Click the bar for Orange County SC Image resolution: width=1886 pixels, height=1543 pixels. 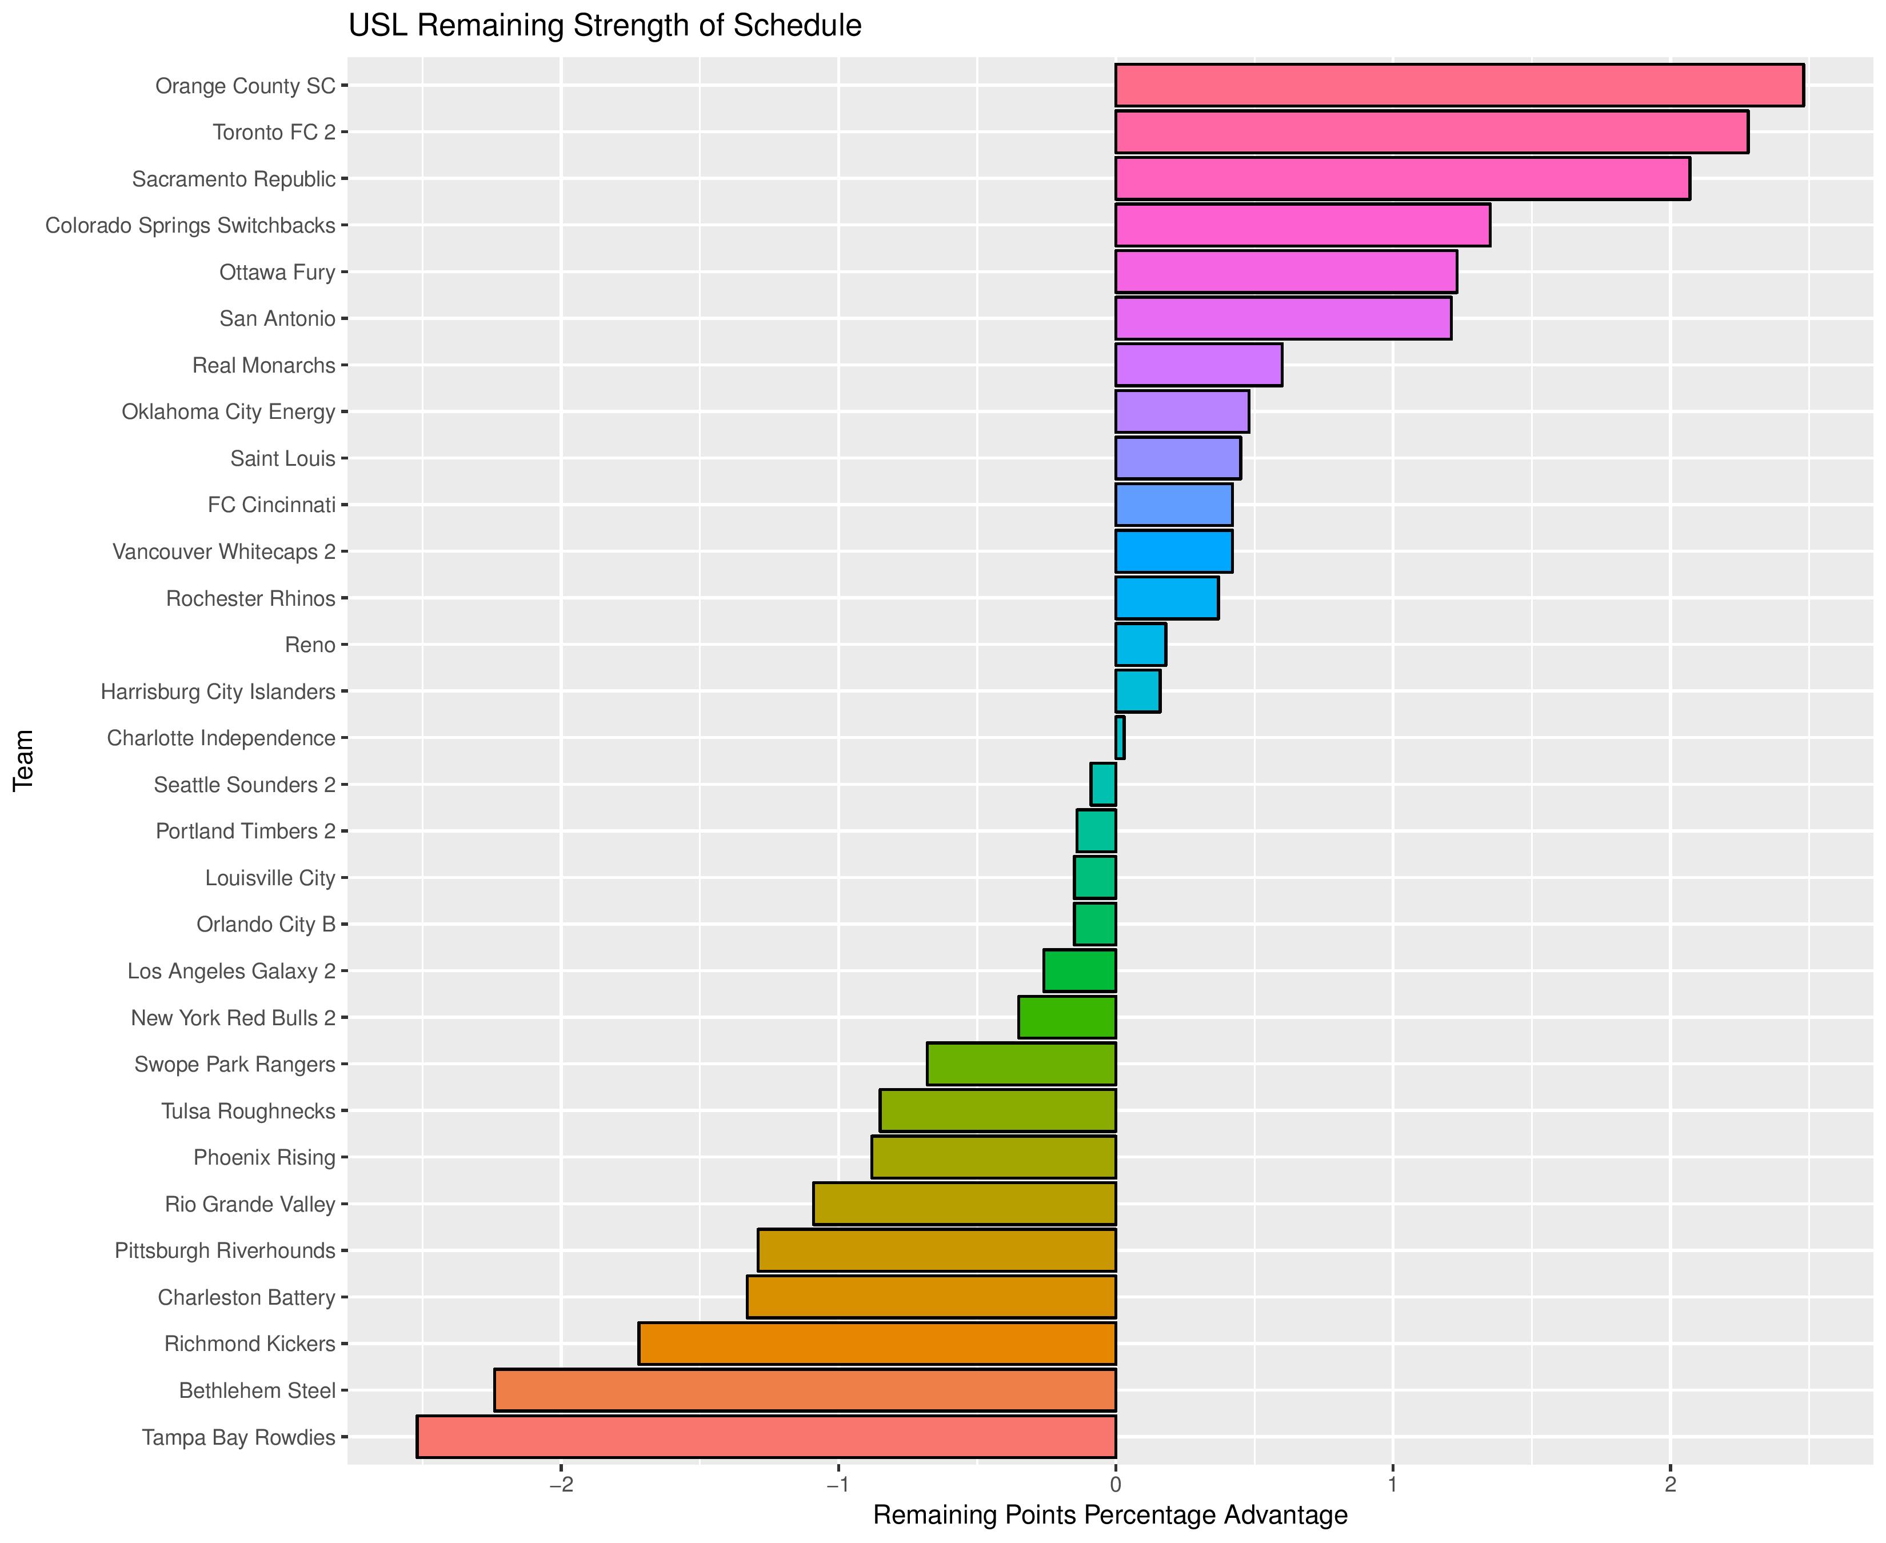pos(1459,85)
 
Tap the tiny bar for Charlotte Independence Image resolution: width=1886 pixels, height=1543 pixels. pos(1120,738)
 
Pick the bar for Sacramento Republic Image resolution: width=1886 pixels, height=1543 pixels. pos(1401,179)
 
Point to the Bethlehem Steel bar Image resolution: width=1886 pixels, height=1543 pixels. pos(804,1390)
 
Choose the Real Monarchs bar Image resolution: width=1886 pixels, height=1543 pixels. pos(1198,365)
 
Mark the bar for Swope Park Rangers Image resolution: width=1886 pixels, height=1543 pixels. pos(1021,1064)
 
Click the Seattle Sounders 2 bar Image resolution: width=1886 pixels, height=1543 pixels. pos(1103,785)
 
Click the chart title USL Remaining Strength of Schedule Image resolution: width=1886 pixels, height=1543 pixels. pos(604,26)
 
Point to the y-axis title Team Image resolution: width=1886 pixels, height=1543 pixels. pos(24,760)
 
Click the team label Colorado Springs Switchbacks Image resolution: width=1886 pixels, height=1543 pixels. pos(190,226)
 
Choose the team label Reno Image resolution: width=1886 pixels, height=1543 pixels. pos(310,645)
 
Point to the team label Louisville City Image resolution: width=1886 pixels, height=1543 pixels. pos(270,878)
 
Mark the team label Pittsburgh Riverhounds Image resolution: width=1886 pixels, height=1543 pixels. pos(225,1250)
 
